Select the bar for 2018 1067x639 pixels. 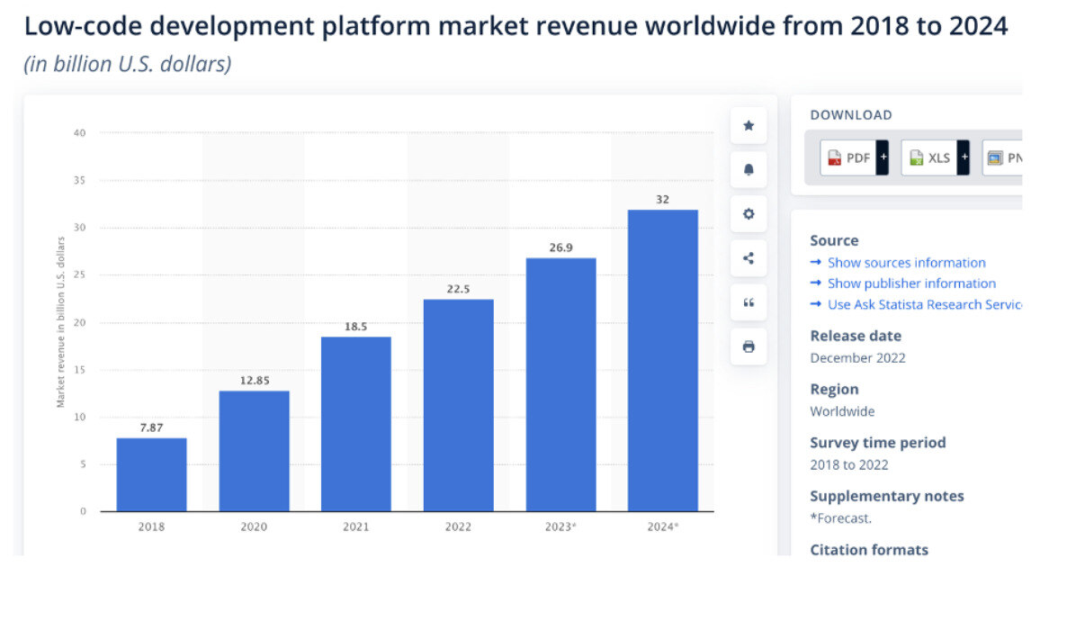[151, 474]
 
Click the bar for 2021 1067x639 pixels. [355, 424]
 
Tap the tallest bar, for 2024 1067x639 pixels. [662, 360]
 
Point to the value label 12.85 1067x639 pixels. [254, 381]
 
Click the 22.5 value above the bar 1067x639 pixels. [458, 289]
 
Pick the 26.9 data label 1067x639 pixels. [560, 247]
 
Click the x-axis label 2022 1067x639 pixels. [458, 526]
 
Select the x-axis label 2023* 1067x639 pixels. [560, 526]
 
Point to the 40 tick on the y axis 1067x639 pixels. [80, 133]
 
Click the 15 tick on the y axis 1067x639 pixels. [80, 370]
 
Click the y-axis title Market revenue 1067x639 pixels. [61, 322]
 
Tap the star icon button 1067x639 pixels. [749, 126]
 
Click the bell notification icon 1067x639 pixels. [749, 170]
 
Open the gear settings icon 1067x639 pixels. [749, 214]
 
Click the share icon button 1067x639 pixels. [749, 258]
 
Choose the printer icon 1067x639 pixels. [749, 346]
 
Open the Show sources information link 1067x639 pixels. [906, 263]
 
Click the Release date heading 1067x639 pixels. [855, 336]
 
